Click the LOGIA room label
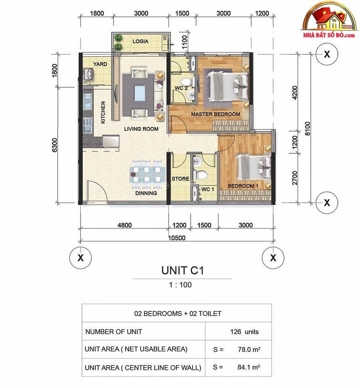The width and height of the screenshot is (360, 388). point(140,41)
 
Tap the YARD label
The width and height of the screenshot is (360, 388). point(100,64)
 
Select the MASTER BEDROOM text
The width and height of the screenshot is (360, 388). point(215,114)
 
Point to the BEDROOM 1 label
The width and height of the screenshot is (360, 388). point(243,186)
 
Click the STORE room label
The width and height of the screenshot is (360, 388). point(180,179)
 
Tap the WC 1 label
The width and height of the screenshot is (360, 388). point(208,190)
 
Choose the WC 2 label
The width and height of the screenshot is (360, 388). point(181,88)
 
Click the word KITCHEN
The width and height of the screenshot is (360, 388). point(103,112)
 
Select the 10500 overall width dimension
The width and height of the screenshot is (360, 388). point(177,238)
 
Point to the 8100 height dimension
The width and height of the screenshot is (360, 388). point(307,129)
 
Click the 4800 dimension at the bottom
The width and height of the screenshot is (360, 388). point(124,225)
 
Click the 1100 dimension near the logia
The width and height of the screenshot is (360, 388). point(185,42)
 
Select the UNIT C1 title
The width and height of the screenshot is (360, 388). point(183,270)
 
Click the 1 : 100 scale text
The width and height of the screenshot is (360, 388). point(180,285)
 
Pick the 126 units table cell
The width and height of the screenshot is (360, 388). point(244,331)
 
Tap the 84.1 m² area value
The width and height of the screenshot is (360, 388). point(248,367)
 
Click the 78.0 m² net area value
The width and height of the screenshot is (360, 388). point(249,349)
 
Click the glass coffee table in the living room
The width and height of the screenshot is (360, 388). point(140,93)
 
